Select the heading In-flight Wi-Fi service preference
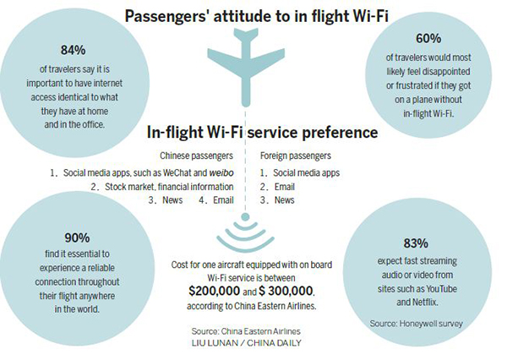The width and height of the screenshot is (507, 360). [x=252, y=133]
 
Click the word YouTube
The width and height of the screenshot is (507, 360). [x=442, y=289]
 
